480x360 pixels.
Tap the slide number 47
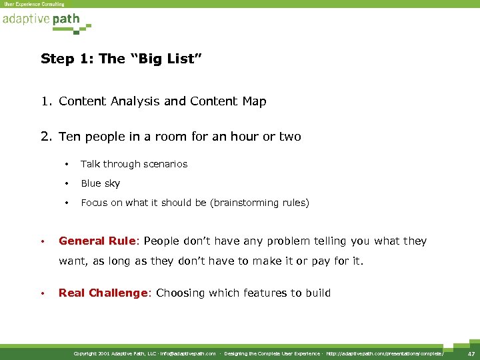point(471,353)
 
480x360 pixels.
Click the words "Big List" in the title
point(164,59)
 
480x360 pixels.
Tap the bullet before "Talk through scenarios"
point(67,164)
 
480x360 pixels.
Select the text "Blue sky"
point(101,183)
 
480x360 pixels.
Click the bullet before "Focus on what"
point(67,203)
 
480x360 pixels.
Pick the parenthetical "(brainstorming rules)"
point(259,203)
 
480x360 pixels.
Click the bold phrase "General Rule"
point(98,241)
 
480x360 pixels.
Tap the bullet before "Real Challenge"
point(41,293)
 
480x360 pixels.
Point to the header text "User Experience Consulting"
point(34,4)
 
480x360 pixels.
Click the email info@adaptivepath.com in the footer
point(188,353)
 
